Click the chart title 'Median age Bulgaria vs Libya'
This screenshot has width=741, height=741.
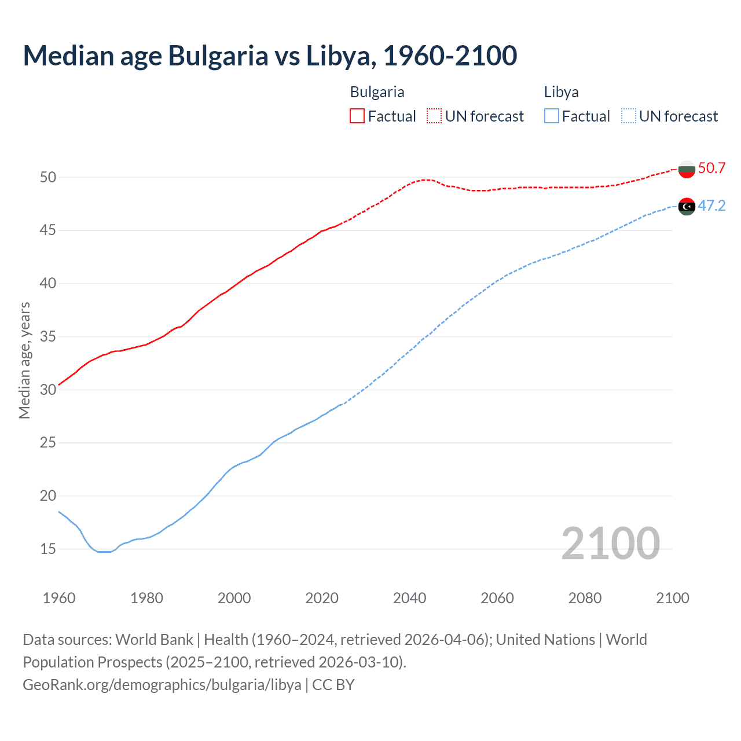[x=270, y=56]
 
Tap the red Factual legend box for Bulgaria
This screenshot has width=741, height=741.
[x=357, y=116]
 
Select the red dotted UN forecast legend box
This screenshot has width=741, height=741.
[x=434, y=116]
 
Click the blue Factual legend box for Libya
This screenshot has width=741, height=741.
[x=552, y=116]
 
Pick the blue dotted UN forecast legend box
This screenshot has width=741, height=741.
[x=629, y=116]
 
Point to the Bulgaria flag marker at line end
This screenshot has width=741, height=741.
[x=687, y=169]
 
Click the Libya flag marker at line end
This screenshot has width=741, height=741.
[x=687, y=206]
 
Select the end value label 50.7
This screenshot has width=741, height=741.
[x=711, y=168]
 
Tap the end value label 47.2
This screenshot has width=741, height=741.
[x=711, y=206]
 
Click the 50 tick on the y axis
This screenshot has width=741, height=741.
[x=48, y=177]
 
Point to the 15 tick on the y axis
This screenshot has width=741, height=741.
[x=48, y=549]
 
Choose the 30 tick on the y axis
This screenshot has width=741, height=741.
[x=48, y=390]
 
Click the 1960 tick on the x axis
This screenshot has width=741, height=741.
[x=59, y=598]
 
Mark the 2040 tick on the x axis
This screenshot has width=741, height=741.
[x=409, y=598]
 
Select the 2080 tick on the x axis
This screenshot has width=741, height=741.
[x=585, y=598]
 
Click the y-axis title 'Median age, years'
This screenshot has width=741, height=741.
[x=24, y=360]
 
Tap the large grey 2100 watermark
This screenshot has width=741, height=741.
[x=610, y=543]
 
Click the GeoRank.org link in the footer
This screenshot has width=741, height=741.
[x=162, y=684]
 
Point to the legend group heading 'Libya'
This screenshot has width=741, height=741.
[x=561, y=92]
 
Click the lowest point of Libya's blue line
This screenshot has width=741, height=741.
[x=104, y=552]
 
